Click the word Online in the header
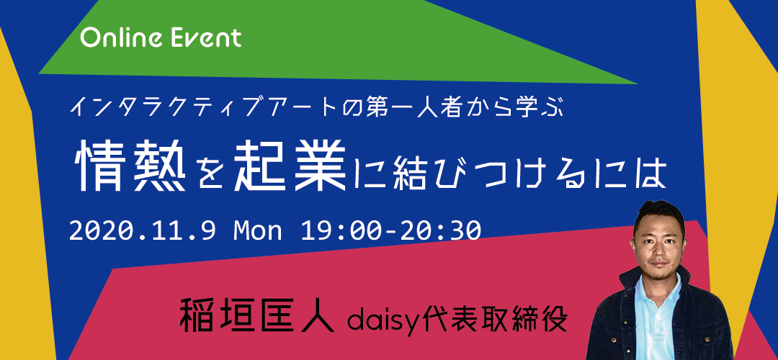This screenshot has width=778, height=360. pyautogui.click(x=117, y=38)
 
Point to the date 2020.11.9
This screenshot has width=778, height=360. pyautogui.click(x=142, y=230)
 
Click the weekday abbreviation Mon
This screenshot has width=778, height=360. pyautogui.click(x=257, y=230)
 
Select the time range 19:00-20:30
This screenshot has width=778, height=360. pyautogui.click(x=390, y=230)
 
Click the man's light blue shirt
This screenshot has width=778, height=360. pyautogui.click(x=659, y=313)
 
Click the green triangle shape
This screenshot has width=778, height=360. pyautogui.click(x=337, y=45)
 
